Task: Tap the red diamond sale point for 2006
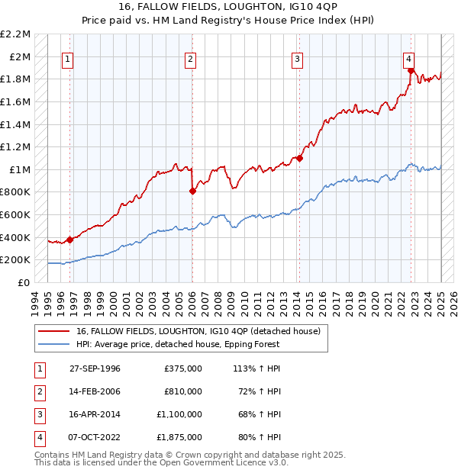click(192, 191)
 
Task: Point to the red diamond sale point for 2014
click(300, 159)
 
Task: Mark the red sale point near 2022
click(411, 72)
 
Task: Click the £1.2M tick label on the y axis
click(15, 146)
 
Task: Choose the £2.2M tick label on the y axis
click(15, 34)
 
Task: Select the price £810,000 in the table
click(183, 391)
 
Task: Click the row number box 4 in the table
click(38, 437)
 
